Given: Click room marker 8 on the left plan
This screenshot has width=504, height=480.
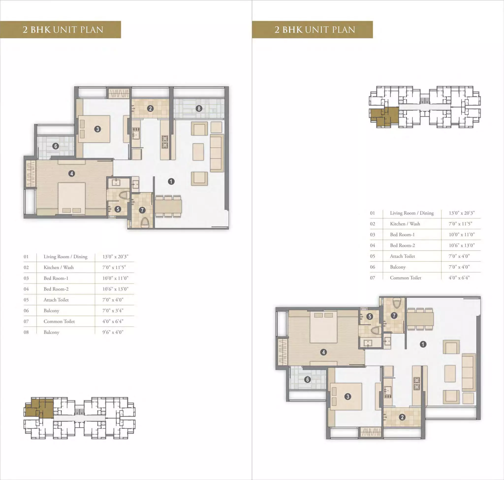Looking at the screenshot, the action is tap(199, 108).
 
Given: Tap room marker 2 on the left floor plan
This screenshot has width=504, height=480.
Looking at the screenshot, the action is tap(150, 108).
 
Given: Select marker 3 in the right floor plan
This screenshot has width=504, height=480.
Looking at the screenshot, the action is tap(347, 397).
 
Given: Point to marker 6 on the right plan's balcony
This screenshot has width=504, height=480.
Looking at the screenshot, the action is tap(308, 379).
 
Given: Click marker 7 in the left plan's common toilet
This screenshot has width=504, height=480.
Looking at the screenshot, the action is tap(142, 210).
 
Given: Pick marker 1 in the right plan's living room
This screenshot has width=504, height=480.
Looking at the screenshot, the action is tap(423, 344).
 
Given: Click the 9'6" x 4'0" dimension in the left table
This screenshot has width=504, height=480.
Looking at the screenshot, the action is tap(113, 332).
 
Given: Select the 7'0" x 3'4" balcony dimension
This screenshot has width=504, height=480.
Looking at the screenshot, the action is tap(113, 311).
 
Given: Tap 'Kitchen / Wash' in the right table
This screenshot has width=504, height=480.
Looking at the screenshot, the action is tap(405, 224).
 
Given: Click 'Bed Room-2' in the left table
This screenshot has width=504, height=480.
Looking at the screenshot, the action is tap(56, 289).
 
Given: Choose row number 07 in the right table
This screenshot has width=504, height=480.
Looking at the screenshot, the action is tap(372, 278).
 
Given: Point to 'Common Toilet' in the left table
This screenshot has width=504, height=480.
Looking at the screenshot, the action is tap(59, 321).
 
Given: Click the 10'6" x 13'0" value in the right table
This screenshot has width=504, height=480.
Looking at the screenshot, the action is tap(462, 245).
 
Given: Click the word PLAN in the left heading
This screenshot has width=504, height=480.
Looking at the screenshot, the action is tap(92, 30).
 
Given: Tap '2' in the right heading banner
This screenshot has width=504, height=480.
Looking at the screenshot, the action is tap(277, 30).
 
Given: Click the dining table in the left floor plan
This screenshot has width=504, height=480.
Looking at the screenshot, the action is tap(168, 206).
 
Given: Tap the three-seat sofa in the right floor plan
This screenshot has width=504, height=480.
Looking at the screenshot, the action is tap(469, 372).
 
